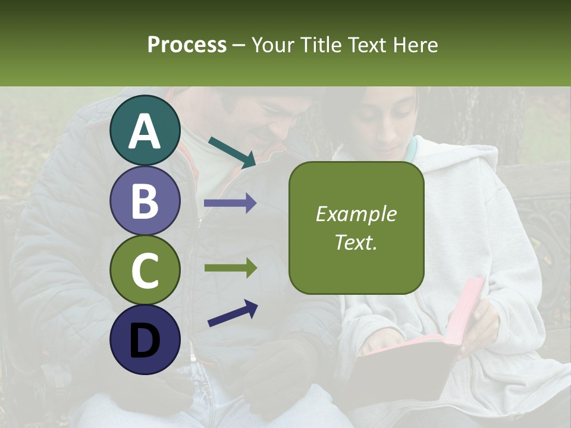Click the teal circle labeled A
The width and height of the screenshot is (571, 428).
click(145, 131)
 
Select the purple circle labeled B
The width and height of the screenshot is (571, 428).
click(145, 200)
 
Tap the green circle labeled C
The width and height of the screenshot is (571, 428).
click(145, 270)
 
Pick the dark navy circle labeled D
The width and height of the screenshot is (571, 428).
click(145, 339)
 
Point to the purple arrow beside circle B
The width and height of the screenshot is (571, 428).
click(230, 203)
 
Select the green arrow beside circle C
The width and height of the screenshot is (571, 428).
click(230, 268)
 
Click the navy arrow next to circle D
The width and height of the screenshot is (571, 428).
click(233, 313)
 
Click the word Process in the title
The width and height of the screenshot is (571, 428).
click(187, 45)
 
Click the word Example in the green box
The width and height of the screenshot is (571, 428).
click(356, 215)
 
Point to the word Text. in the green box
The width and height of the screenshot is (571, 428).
click(356, 242)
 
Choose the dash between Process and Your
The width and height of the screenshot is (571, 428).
click(239, 45)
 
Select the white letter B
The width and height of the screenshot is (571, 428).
click(145, 200)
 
